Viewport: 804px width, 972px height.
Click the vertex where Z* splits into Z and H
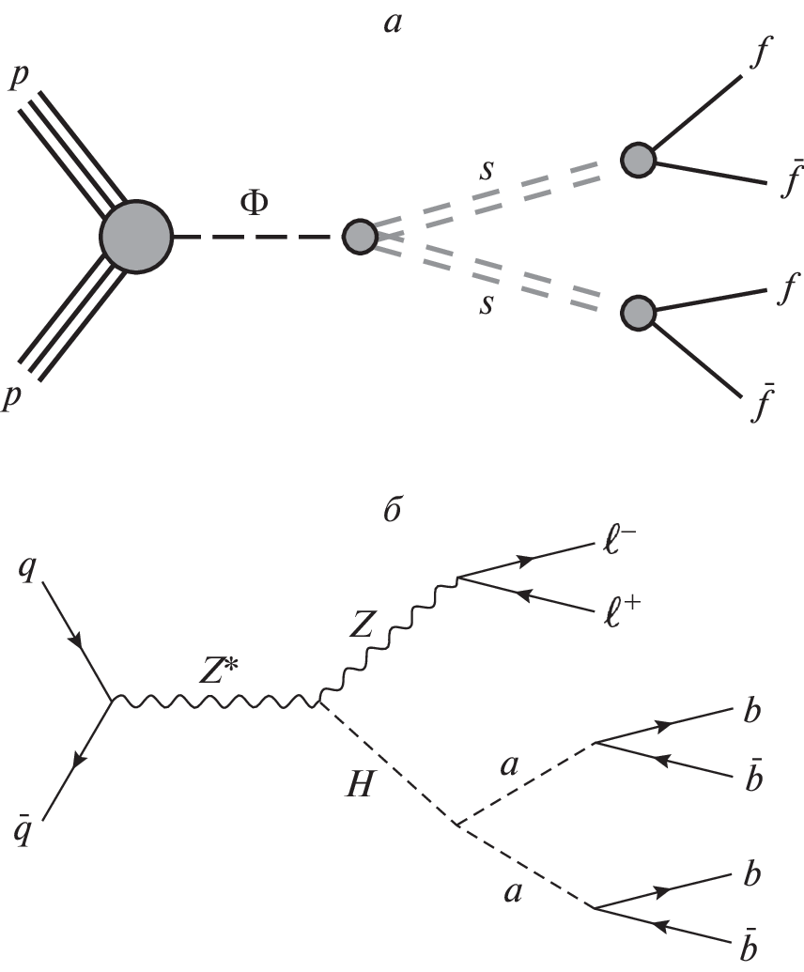pyautogui.click(x=320, y=700)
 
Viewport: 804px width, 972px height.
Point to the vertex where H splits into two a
pyautogui.click(x=455, y=825)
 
